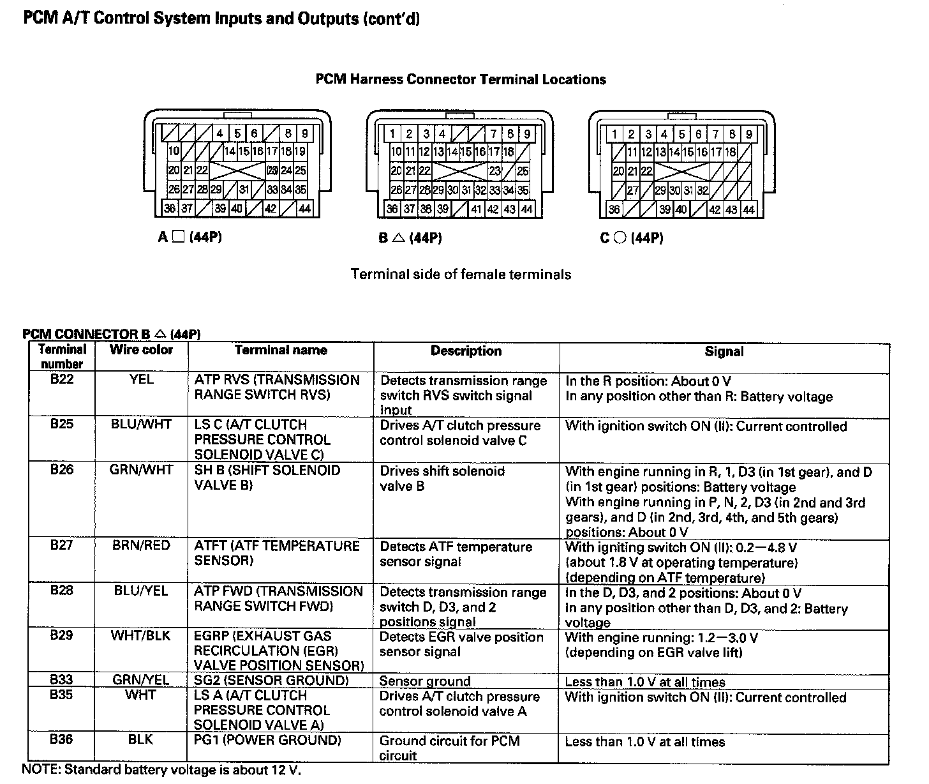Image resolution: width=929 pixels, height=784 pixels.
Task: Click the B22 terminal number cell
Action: coord(62,379)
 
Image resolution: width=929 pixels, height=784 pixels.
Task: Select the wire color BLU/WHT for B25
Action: coord(141,424)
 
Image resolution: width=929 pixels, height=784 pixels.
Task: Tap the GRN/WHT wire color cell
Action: coord(141,469)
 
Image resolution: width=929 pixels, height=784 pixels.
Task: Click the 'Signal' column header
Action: coord(724,351)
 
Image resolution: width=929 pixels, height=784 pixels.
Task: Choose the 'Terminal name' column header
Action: coord(281,350)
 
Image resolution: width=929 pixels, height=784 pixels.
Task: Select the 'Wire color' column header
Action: coord(141,350)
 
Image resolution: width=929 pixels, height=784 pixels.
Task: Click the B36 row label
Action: coord(62,739)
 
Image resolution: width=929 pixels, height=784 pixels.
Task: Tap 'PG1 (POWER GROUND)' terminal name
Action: coord(267,741)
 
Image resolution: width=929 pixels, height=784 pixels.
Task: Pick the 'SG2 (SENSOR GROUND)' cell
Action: coord(271,681)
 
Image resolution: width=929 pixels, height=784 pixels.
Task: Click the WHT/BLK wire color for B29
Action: coord(141,635)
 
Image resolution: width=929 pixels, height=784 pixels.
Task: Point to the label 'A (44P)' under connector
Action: coord(190,237)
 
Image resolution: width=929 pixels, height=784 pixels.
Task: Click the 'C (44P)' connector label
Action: coord(631,238)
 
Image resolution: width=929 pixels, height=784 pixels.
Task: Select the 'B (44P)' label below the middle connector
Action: coord(410,238)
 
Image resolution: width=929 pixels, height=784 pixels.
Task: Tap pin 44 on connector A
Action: coord(304,209)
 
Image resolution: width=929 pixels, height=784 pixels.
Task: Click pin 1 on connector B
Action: coord(392,134)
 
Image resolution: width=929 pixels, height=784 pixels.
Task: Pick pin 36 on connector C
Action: coord(614,209)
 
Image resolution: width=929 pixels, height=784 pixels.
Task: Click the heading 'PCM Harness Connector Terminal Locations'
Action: coord(460,80)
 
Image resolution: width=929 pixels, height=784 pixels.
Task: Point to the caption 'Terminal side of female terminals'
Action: coord(461,275)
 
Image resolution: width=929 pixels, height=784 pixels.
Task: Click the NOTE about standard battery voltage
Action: coord(161,770)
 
